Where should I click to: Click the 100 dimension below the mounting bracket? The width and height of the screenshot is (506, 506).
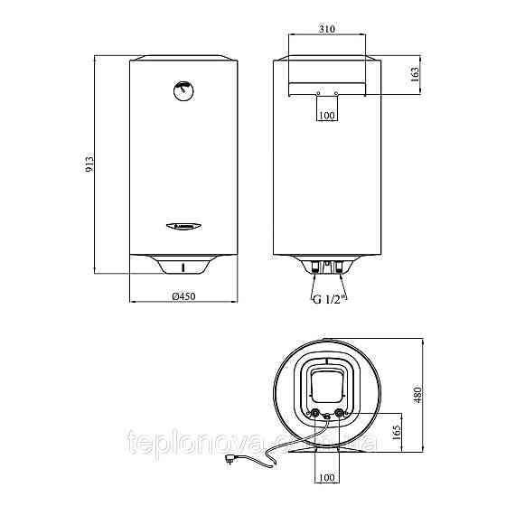tap(327, 117)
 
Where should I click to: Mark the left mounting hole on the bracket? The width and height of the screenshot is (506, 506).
tap(317, 93)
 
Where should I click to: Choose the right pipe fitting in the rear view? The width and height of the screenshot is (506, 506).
tap(339, 267)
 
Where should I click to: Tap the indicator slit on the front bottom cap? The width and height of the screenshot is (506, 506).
tap(184, 267)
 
